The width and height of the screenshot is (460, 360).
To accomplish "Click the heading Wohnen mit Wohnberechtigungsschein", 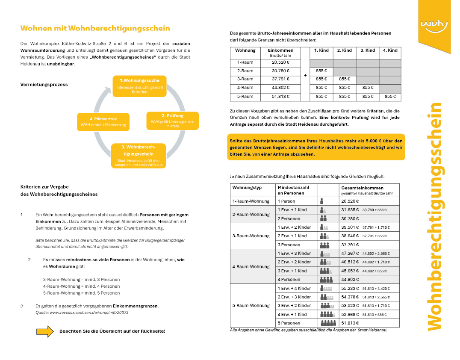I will [x=95, y=29].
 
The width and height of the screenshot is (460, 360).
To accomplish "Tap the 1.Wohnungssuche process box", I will [x=139, y=86].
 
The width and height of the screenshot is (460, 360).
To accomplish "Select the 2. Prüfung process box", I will [x=172, y=121].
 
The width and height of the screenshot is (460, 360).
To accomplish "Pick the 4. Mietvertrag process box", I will [x=103, y=122].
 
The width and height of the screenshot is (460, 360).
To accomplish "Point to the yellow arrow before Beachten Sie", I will [x=45, y=331].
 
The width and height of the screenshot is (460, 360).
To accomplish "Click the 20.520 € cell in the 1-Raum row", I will [x=280, y=62].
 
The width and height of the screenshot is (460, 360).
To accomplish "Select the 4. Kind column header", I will [x=390, y=50].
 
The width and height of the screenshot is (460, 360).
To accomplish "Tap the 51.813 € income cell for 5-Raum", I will [x=280, y=97].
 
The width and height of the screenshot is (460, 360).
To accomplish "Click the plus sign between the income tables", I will [x=305, y=75].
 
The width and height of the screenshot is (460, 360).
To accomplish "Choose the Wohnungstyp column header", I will [x=247, y=188].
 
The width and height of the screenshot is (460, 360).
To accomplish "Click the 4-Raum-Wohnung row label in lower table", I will [x=251, y=266].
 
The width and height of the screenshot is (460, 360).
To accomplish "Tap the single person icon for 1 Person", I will [x=322, y=201].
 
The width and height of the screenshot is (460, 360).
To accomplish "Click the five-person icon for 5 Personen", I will [x=327, y=323].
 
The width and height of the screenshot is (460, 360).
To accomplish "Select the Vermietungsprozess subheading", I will [x=44, y=85].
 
